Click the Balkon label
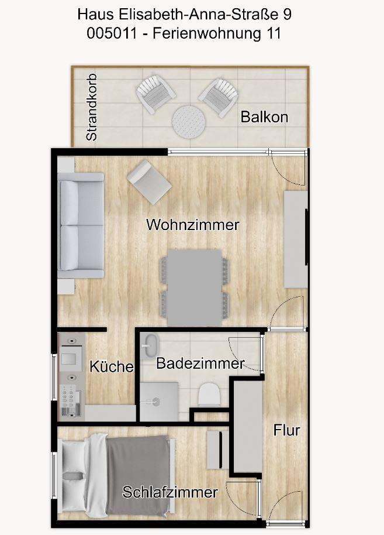click(264, 117)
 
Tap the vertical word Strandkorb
click(92, 107)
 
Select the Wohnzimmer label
click(193, 225)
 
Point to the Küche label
click(112, 366)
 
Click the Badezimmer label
click(200, 363)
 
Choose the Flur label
click(286, 430)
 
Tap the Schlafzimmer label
click(170, 492)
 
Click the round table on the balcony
click(189, 122)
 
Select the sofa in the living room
click(81, 225)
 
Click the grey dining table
click(195, 287)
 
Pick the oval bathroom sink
click(151, 346)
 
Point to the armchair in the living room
click(149, 182)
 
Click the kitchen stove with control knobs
click(71, 400)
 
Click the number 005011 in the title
click(112, 34)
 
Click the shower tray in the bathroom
click(159, 402)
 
